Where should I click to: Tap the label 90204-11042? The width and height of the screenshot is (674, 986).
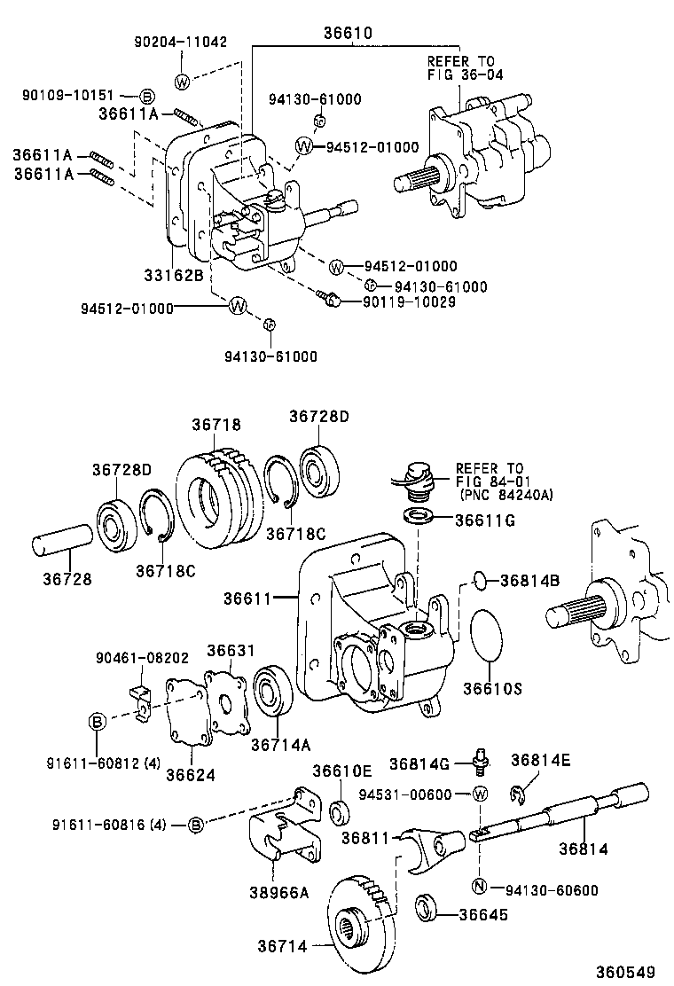181,42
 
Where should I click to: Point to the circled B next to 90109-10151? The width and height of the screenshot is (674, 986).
148,97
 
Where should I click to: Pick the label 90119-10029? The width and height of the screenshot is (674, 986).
409,301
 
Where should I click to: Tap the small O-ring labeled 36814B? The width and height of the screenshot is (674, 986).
479,581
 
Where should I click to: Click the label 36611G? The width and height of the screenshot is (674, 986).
485,520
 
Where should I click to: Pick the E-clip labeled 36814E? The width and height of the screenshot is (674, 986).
522,791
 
